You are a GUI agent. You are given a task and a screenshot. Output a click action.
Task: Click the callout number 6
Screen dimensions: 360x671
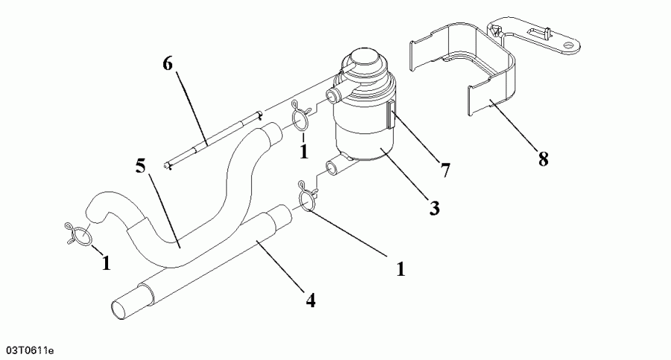pyautogui.click(x=168, y=64)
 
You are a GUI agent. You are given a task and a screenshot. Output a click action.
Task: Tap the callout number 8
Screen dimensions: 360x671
pyautogui.click(x=543, y=159)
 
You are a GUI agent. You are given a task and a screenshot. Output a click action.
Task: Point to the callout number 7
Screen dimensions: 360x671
pyautogui.click(x=445, y=170)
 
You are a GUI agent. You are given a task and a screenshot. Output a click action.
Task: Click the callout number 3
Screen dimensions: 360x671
pyautogui.click(x=433, y=208)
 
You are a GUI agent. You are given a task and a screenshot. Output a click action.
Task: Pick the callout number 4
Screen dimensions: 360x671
pyautogui.click(x=309, y=300)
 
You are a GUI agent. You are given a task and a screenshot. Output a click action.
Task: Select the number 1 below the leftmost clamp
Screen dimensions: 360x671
pyautogui.click(x=106, y=262)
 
